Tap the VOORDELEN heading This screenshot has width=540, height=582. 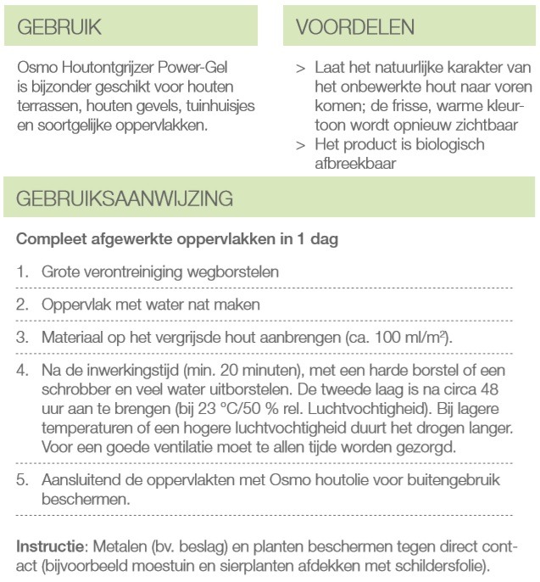tap(355, 26)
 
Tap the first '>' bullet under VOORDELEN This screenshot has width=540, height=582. tap(301, 67)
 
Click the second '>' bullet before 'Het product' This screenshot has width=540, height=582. tap(301, 145)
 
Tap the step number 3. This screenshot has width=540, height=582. tap(23, 338)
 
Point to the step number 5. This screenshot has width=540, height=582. tap(23, 480)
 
